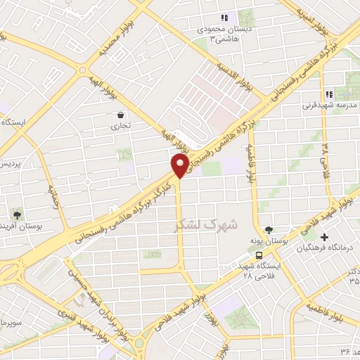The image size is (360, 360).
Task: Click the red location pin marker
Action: click(179, 166)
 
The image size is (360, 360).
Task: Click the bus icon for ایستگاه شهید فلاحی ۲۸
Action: click(260, 256)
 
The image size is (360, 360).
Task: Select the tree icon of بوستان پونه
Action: click(268, 230)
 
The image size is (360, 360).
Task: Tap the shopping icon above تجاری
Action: click(121, 115)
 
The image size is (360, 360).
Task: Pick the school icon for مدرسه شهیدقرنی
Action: click(328, 94)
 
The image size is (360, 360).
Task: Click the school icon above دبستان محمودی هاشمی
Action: click(224, 18)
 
